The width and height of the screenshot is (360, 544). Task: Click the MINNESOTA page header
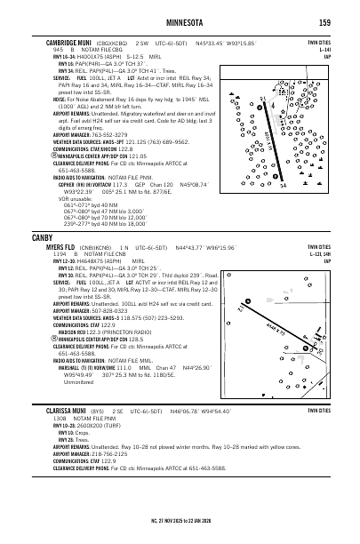point(180,21)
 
